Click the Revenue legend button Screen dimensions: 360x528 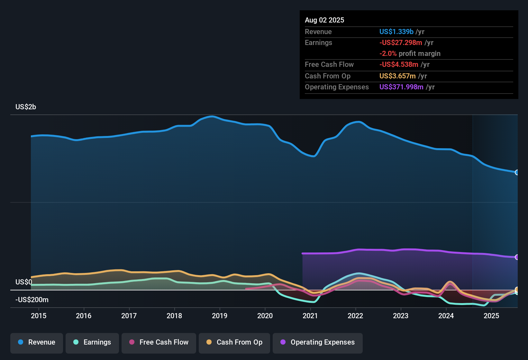37,342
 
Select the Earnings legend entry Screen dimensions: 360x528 92,342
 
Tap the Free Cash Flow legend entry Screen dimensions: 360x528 159,342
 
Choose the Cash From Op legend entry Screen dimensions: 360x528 234,342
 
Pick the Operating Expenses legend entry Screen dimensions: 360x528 318,342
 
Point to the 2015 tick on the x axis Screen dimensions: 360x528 39,316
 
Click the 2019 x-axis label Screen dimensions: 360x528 220,316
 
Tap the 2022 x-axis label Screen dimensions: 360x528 355,316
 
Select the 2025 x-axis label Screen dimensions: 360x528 491,316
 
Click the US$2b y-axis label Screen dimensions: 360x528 26,107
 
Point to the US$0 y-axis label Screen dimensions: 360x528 24,282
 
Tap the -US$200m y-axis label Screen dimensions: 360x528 32,300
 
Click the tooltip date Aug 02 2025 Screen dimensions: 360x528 324,20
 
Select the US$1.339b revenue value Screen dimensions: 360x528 396,32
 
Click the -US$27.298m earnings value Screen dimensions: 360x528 401,42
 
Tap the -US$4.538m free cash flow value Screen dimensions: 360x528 399,64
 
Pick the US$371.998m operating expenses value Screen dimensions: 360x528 401,87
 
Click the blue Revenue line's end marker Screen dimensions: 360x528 517,172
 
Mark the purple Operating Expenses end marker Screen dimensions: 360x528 517,257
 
